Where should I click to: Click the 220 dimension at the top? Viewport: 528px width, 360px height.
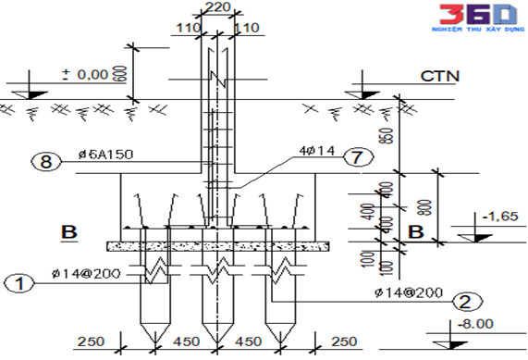(x=217, y=8)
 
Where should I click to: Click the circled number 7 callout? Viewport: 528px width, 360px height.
(x=351, y=157)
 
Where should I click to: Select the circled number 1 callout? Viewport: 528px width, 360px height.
(x=16, y=282)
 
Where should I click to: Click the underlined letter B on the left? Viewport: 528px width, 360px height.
(x=68, y=231)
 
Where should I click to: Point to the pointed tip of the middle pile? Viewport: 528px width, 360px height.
(x=217, y=341)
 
